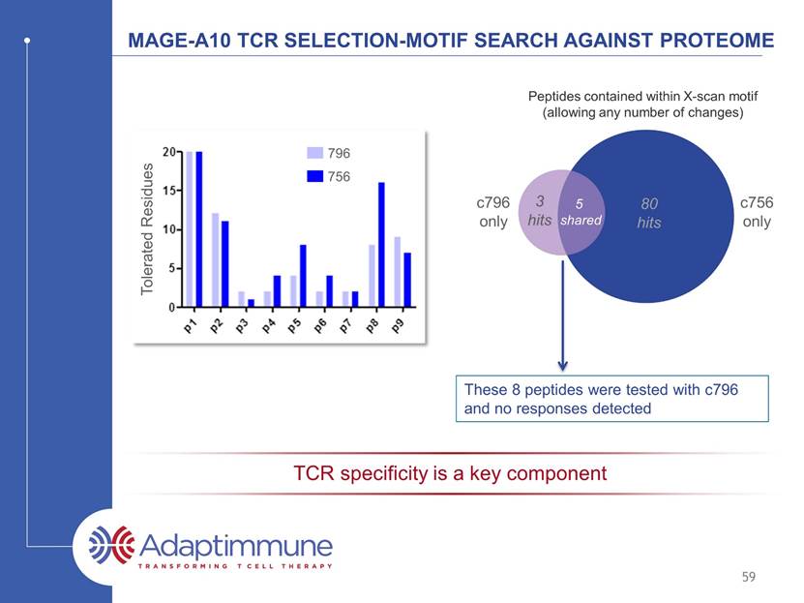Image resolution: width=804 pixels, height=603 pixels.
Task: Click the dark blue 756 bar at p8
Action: click(381, 245)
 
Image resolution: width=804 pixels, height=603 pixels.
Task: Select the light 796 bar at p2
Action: click(216, 260)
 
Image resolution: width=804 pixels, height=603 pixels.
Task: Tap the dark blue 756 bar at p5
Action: click(303, 276)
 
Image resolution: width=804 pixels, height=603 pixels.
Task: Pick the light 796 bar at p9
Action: click(398, 272)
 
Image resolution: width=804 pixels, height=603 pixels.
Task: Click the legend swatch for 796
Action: click(314, 153)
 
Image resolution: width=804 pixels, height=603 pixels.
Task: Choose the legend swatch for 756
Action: click(314, 176)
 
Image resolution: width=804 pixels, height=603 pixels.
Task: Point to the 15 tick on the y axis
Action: click(169, 191)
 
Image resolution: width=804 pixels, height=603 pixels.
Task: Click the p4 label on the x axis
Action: click(268, 325)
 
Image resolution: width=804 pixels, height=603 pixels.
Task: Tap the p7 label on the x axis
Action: click(346, 325)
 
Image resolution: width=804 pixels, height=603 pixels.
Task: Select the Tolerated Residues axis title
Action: click(147, 228)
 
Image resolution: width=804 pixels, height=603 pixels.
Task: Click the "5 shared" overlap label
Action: click(581, 212)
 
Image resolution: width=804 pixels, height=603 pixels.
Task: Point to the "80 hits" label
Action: click(649, 213)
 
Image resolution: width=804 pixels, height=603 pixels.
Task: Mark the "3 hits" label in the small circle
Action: click(540, 211)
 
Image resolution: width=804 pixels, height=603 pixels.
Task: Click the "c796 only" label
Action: click(493, 212)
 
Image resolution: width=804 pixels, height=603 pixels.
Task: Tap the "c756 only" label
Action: click(757, 212)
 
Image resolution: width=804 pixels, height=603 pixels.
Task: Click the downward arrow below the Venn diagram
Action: click(562, 316)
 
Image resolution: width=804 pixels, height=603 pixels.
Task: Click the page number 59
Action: click(749, 577)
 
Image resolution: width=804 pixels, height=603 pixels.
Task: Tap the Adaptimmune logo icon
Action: click(112, 544)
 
